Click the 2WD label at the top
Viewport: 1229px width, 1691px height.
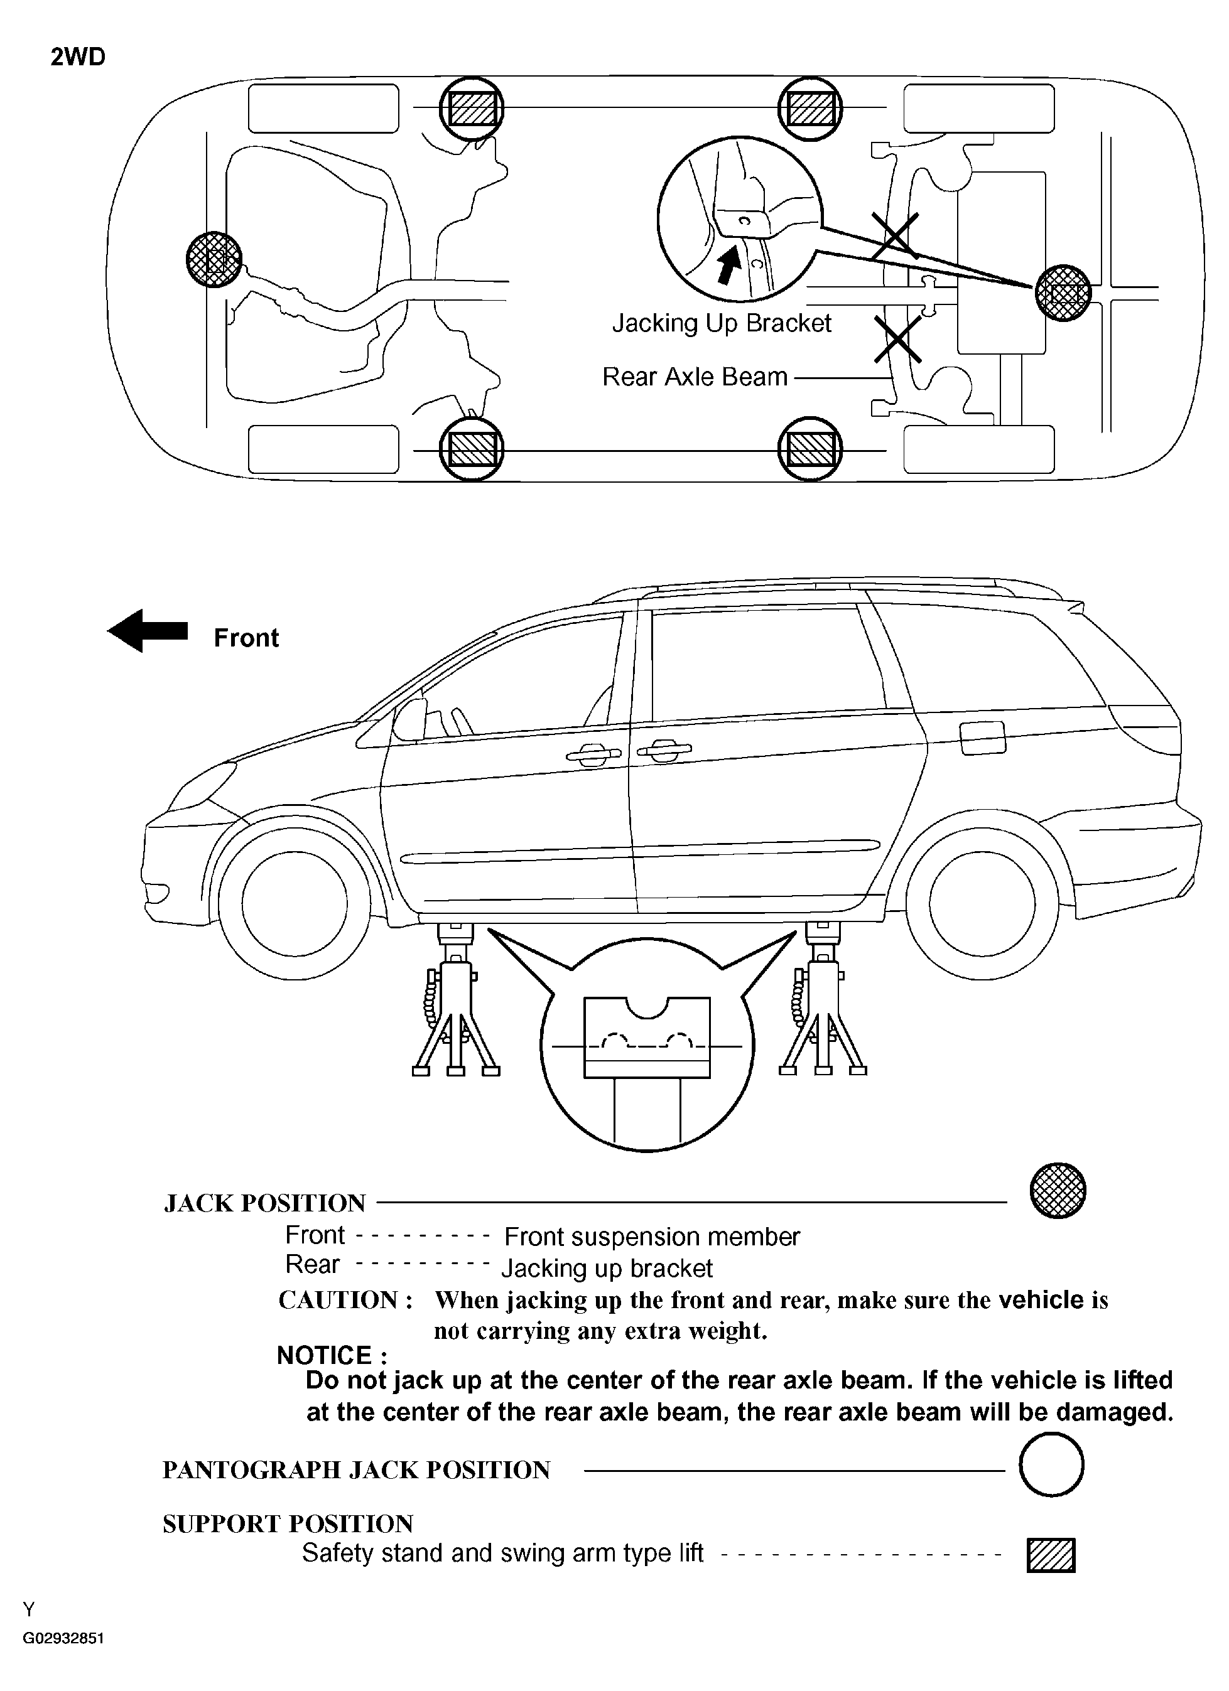pyautogui.click(x=78, y=56)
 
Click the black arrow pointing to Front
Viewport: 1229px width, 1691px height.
pyautogui.click(x=148, y=630)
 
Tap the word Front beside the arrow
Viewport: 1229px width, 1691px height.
pyautogui.click(x=246, y=638)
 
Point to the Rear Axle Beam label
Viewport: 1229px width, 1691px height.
pyautogui.click(x=695, y=377)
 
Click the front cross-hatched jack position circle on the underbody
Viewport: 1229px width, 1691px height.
pyautogui.click(x=214, y=259)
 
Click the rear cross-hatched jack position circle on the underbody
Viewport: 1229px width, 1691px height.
pyautogui.click(x=1063, y=293)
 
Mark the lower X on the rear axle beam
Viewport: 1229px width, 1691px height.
pyautogui.click(x=897, y=339)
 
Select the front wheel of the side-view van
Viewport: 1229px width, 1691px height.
pyautogui.click(x=295, y=902)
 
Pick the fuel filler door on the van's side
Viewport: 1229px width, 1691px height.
pyautogui.click(x=983, y=738)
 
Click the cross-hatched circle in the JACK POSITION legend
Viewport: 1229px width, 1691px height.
pyautogui.click(x=1058, y=1191)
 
